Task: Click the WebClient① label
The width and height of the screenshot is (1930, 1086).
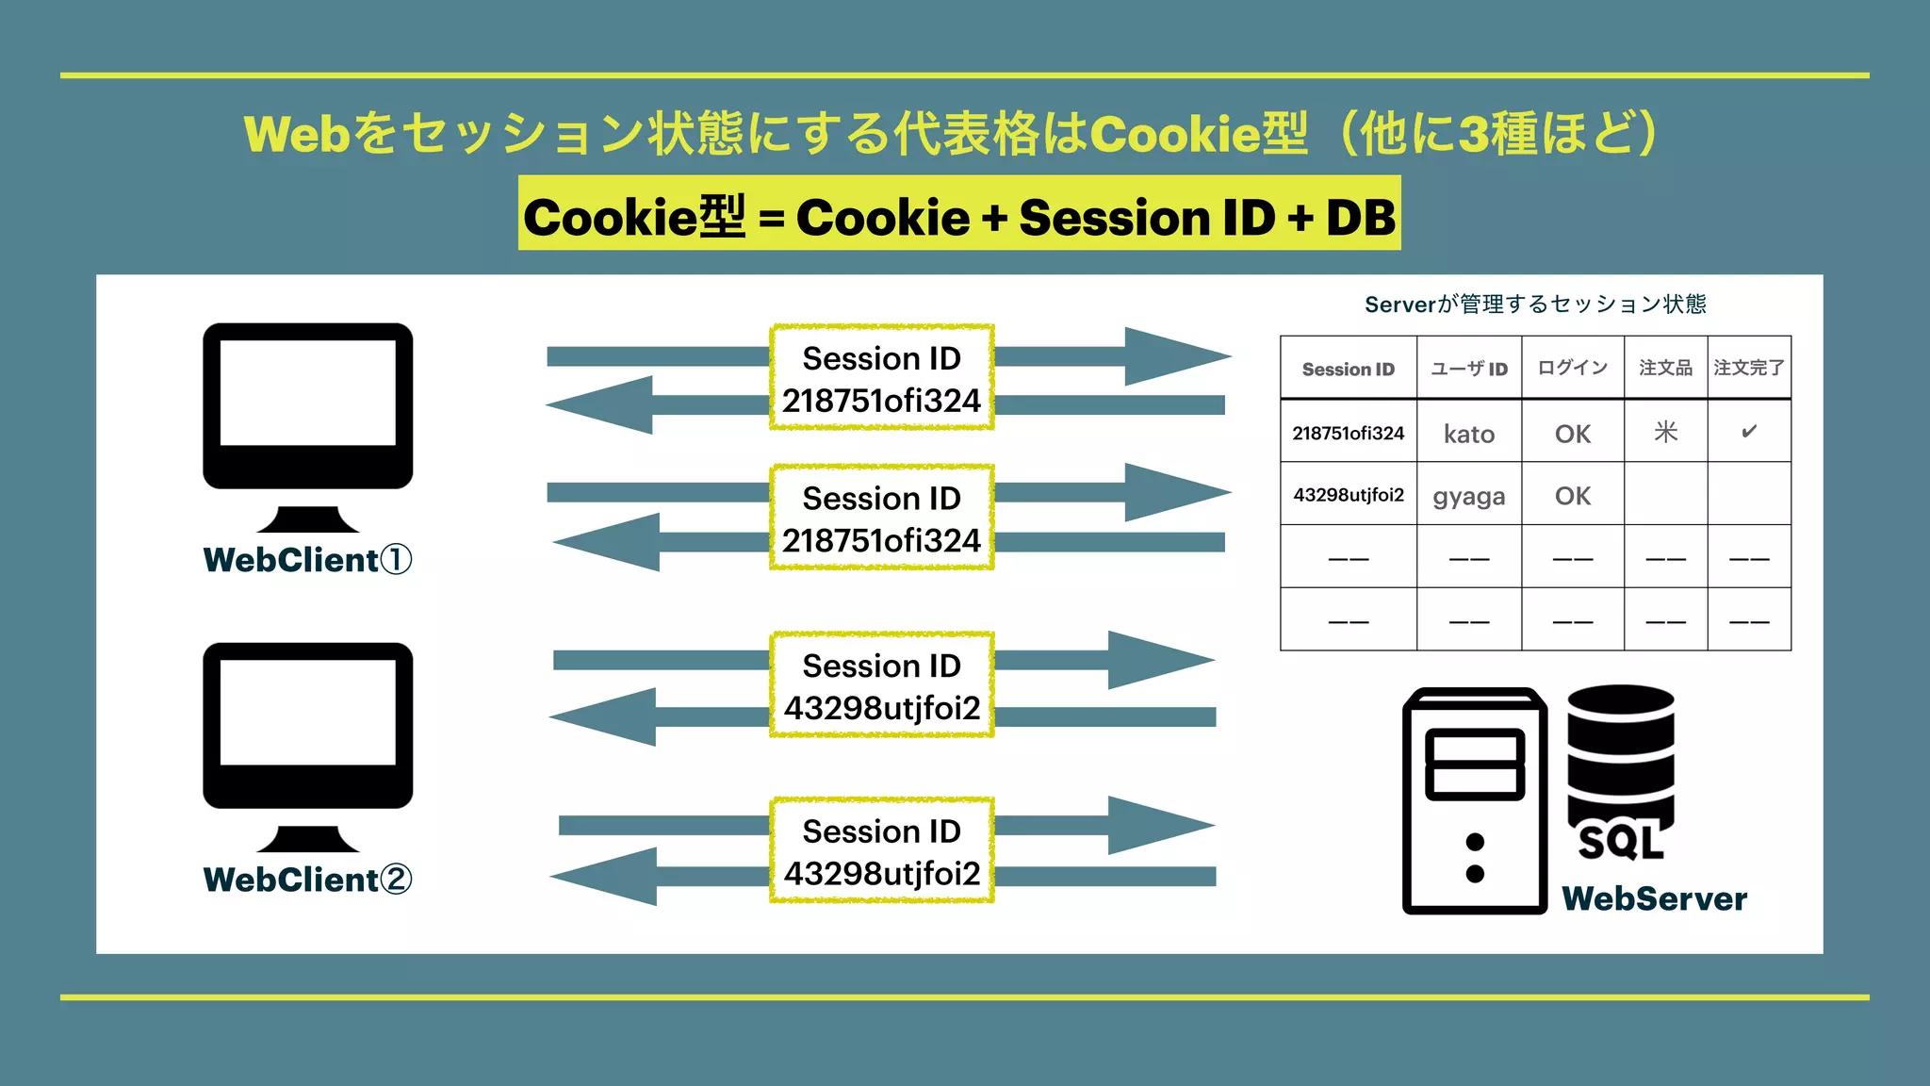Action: [x=307, y=560]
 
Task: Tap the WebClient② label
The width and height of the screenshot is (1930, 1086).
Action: [x=307, y=880]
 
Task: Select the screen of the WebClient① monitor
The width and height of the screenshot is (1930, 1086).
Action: [x=307, y=392]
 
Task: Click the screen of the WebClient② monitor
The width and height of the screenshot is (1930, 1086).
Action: [x=307, y=712]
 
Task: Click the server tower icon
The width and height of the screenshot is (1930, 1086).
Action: [x=1474, y=801]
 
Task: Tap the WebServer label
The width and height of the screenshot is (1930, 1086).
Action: [x=1654, y=898]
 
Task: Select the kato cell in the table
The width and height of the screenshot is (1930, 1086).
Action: [x=1468, y=434]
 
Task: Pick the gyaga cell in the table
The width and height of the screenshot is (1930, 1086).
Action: [x=1468, y=496]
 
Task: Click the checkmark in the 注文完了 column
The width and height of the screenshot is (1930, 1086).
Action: [x=1749, y=432]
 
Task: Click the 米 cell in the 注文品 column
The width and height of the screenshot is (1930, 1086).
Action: [x=1665, y=432]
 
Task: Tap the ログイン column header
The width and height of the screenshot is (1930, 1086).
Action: [x=1572, y=368]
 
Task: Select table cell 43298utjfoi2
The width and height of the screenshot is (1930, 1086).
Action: [x=1348, y=495]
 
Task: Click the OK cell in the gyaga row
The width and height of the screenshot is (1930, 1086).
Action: [x=1572, y=496]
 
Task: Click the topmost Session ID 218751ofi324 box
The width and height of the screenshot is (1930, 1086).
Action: [x=881, y=378]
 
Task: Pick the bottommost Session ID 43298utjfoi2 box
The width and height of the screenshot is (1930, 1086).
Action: [x=881, y=851]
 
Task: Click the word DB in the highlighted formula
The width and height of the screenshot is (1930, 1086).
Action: [x=1360, y=218]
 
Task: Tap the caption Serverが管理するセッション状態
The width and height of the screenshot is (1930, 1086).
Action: [x=1535, y=304]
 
